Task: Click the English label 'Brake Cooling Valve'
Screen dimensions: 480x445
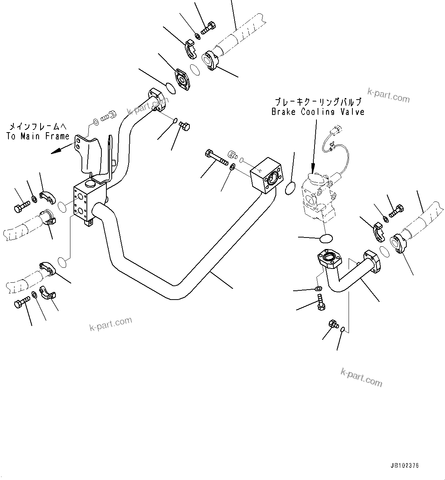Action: coord(318,112)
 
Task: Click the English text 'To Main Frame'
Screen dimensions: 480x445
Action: coord(38,136)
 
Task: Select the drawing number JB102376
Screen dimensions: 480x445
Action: coord(404,466)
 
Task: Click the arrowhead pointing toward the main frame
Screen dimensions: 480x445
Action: coord(56,151)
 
